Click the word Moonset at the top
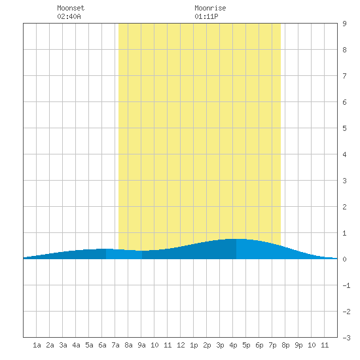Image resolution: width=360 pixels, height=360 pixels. (71, 8)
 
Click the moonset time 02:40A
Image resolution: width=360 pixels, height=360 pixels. (69, 16)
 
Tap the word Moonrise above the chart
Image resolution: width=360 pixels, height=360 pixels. (210, 8)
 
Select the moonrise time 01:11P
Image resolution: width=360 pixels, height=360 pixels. (206, 16)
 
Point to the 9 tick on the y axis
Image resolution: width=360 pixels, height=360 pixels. (344, 24)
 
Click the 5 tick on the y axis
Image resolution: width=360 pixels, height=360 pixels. (344, 128)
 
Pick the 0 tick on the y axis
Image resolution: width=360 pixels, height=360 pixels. (344, 259)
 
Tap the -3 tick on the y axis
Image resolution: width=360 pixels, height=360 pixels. (346, 338)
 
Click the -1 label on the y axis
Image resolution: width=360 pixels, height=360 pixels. (346, 285)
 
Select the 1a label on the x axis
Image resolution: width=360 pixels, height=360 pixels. (37, 345)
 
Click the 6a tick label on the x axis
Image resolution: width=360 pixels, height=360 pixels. (102, 345)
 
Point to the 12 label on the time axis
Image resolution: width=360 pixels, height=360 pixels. (181, 345)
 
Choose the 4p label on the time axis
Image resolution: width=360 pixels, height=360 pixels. (233, 345)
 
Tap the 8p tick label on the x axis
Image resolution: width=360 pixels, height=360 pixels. (285, 345)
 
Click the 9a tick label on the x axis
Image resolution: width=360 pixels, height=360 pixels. (141, 345)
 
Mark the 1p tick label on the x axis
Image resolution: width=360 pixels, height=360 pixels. (194, 345)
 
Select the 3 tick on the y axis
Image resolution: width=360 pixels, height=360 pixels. (344, 181)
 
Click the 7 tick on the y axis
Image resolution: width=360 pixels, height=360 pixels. (344, 76)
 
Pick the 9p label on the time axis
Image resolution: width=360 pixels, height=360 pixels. (298, 345)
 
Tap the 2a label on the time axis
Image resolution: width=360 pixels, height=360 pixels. (50, 345)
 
